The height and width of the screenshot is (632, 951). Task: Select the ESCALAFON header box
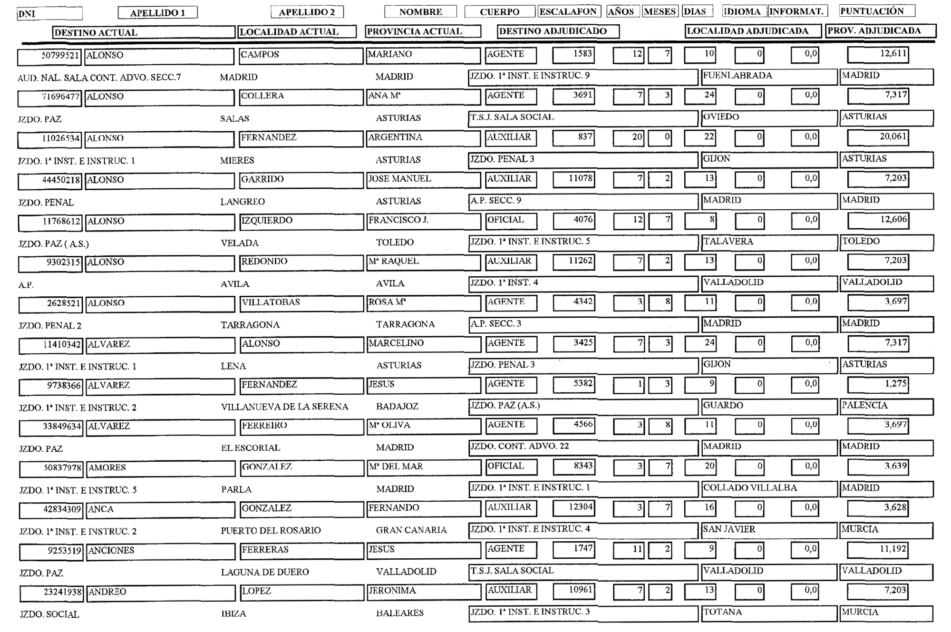point(568,12)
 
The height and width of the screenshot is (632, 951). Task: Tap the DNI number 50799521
point(60,55)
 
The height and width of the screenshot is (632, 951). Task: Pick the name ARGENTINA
point(395,137)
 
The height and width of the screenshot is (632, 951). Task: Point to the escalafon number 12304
point(581,507)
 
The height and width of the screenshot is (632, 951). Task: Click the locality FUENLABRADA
point(738,76)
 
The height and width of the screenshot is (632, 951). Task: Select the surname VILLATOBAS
point(271,302)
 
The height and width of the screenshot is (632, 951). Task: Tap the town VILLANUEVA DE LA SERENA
point(284,407)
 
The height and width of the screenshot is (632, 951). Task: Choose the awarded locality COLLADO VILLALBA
point(750,488)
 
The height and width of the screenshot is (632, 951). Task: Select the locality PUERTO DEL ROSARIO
point(271,531)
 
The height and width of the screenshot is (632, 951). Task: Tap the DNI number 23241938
point(62,593)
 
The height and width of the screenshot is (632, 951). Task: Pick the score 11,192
point(893,549)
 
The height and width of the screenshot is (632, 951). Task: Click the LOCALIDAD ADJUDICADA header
point(747,31)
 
